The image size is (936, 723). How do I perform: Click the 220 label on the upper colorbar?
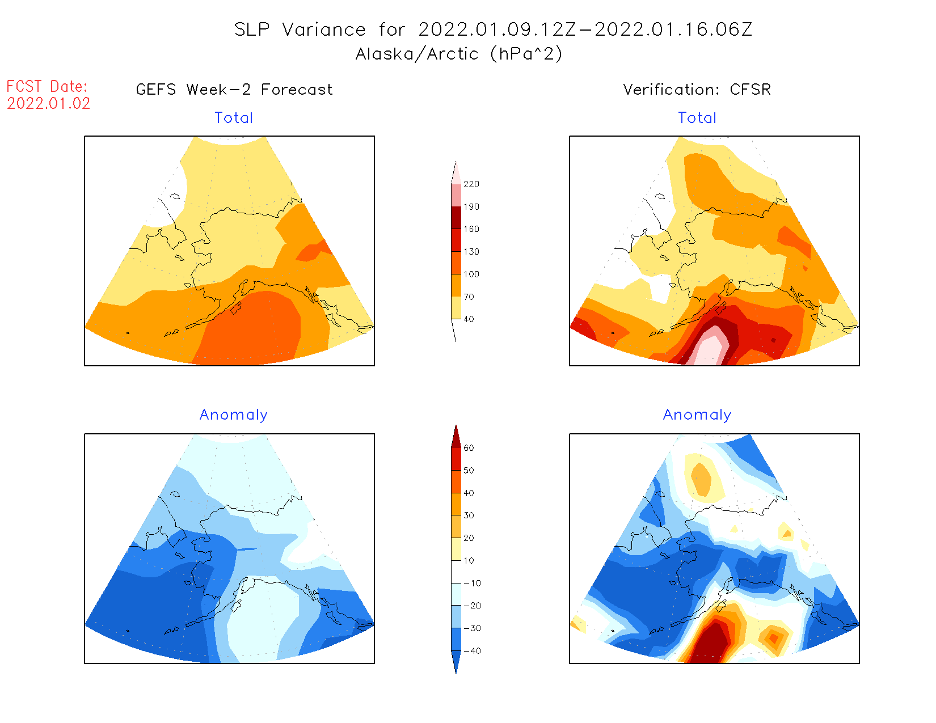[471, 184]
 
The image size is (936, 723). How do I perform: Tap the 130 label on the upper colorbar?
[471, 252]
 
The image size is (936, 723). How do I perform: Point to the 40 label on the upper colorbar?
[469, 319]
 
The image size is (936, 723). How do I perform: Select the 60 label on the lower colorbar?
[469, 448]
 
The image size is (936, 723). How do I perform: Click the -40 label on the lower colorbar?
[472, 651]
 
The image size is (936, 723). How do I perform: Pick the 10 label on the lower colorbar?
[469, 561]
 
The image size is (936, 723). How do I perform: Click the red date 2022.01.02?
[49, 104]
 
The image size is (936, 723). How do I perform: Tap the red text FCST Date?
[47, 87]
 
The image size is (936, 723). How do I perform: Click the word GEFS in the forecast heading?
[156, 90]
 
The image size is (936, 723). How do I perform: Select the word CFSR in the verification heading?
[751, 90]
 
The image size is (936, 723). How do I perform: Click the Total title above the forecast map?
[234, 118]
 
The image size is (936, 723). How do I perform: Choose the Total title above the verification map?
[697, 118]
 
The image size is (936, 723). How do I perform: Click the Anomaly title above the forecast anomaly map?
[234, 415]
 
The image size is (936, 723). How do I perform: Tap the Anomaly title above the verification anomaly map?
[697, 415]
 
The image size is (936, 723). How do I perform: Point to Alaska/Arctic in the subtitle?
[417, 54]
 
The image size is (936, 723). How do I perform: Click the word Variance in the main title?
[324, 29]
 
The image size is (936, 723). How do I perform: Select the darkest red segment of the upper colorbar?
[456, 218]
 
